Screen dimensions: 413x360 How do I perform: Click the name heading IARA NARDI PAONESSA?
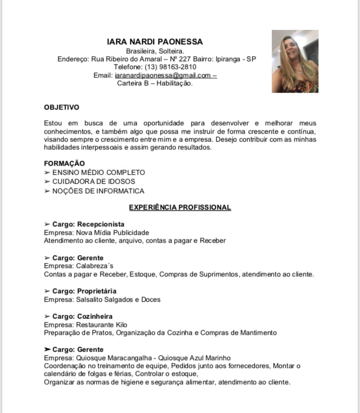tap(155, 42)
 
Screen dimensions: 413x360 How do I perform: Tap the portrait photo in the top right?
tap(295, 61)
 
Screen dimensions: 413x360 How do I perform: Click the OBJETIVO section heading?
tap(61, 107)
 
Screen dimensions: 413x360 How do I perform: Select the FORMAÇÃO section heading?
tap(64, 163)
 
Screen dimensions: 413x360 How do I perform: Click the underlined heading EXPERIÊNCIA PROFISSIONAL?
tap(180, 207)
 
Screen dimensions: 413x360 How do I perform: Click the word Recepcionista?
tap(101, 224)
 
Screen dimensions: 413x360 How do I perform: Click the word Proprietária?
tap(97, 291)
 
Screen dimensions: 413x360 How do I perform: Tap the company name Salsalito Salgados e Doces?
tap(115, 299)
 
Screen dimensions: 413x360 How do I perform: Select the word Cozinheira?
tap(94, 316)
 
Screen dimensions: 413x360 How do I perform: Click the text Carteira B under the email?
tap(133, 83)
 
